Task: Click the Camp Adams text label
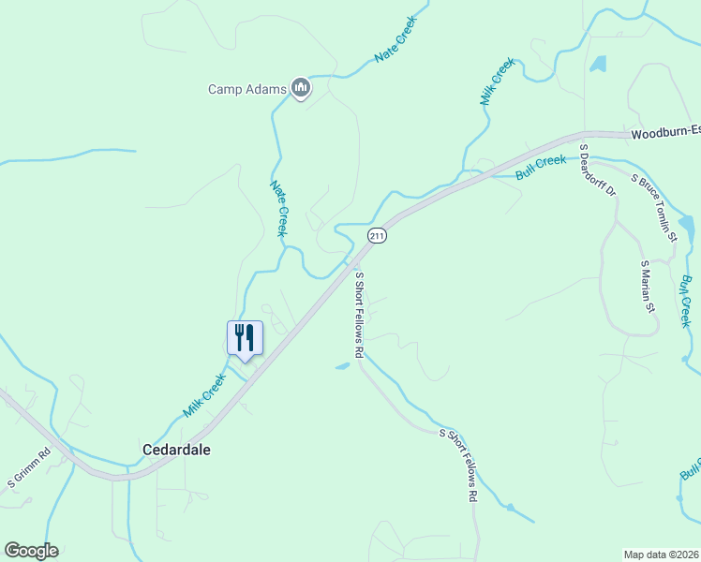click(x=246, y=90)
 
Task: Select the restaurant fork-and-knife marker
click(x=246, y=338)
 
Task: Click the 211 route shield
click(x=376, y=236)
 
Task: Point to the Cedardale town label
click(x=176, y=450)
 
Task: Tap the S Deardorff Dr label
click(x=596, y=170)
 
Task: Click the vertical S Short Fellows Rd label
click(x=358, y=315)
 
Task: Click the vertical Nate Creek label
click(x=278, y=209)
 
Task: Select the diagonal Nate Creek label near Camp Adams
click(x=395, y=45)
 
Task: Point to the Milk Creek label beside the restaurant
click(x=204, y=395)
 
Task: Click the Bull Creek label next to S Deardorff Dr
click(x=541, y=168)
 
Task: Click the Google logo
click(x=31, y=551)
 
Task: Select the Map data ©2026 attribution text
click(x=662, y=555)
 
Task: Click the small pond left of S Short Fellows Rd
click(x=342, y=365)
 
